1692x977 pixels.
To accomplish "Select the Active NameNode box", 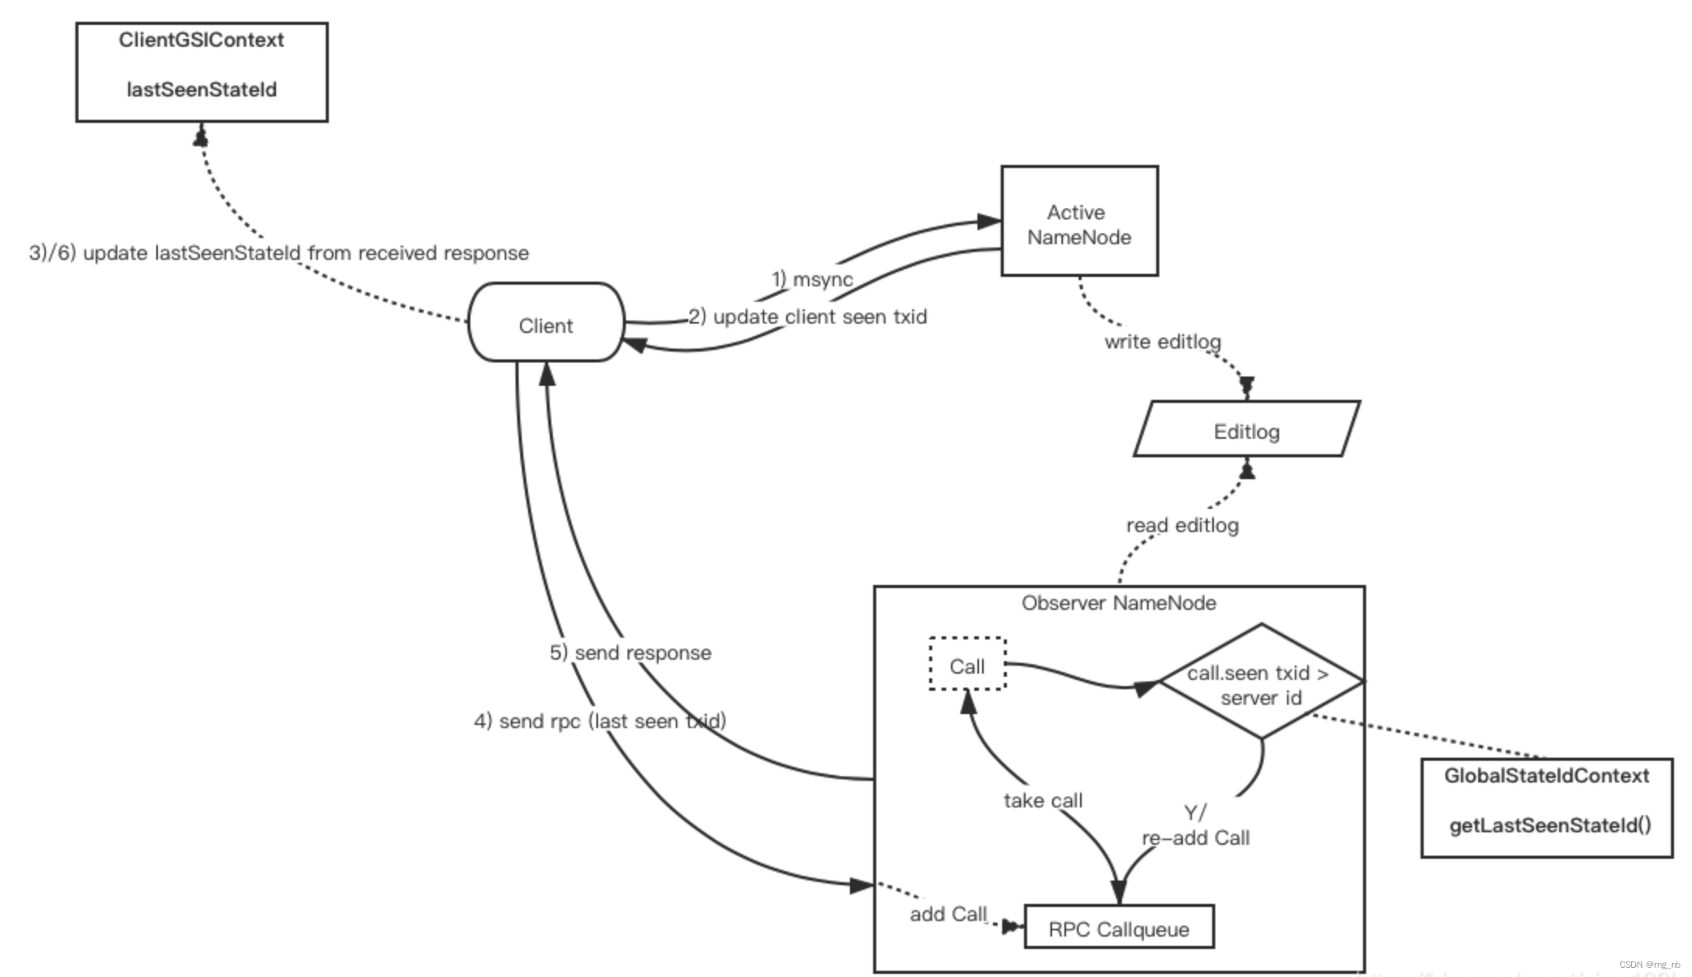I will point(1078,222).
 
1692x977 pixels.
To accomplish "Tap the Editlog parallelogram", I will point(1246,430).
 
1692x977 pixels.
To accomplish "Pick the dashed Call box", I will point(967,665).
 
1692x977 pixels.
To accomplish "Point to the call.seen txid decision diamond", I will point(1260,682).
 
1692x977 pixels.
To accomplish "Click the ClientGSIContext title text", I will point(201,40).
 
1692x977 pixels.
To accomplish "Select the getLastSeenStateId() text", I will point(1550,825).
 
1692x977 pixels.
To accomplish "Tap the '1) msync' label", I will point(812,279).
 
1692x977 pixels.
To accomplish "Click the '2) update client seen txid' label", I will point(808,317).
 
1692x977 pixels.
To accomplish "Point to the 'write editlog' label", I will point(1162,341).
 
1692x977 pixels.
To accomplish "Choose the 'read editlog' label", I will point(1182,526).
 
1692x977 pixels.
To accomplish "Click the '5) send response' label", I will point(631,653).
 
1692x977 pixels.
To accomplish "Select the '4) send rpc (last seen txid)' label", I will point(600,721).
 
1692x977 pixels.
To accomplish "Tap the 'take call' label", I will point(1043,800).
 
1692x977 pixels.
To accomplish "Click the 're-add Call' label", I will point(1195,838).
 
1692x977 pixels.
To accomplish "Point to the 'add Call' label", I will point(948,914).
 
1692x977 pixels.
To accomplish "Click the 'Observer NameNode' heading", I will point(1118,603).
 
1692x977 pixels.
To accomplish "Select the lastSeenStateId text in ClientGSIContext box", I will point(201,90).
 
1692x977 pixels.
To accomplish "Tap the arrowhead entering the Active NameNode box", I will point(988,222).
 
